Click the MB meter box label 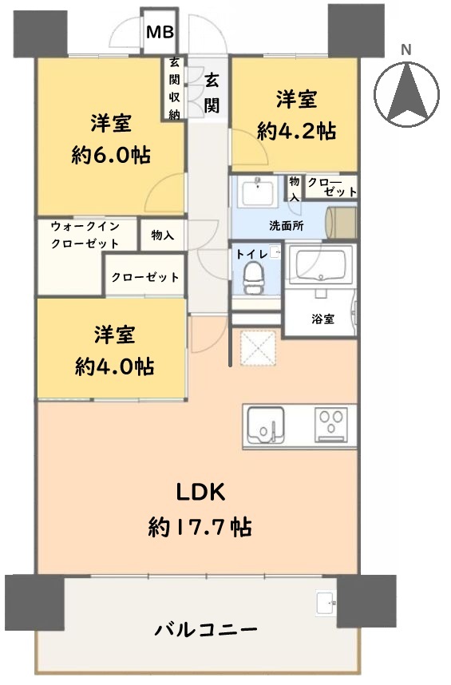pyautogui.click(x=160, y=32)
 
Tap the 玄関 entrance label pyautogui.click(x=212, y=93)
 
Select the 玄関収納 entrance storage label pyautogui.click(x=174, y=89)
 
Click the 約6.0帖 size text pyautogui.click(x=111, y=155)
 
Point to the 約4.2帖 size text pyautogui.click(x=296, y=131)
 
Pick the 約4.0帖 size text pyautogui.click(x=114, y=366)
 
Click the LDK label pyautogui.click(x=200, y=493)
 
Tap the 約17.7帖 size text pyautogui.click(x=200, y=527)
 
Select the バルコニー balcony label pyautogui.click(x=206, y=630)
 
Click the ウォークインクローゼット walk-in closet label pyautogui.click(x=85, y=235)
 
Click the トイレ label pyautogui.click(x=252, y=254)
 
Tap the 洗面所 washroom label pyautogui.click(x=287, y=226)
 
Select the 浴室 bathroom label pyautogui.click(x=323, y=319)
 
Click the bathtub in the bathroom pyautogui.click(x=321, y=265)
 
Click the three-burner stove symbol pyautogui.click(x=331, y=426)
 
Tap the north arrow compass pyautogui.click(x=406, y=94)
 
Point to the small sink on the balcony pyautogui.click(x=326, y=604)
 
